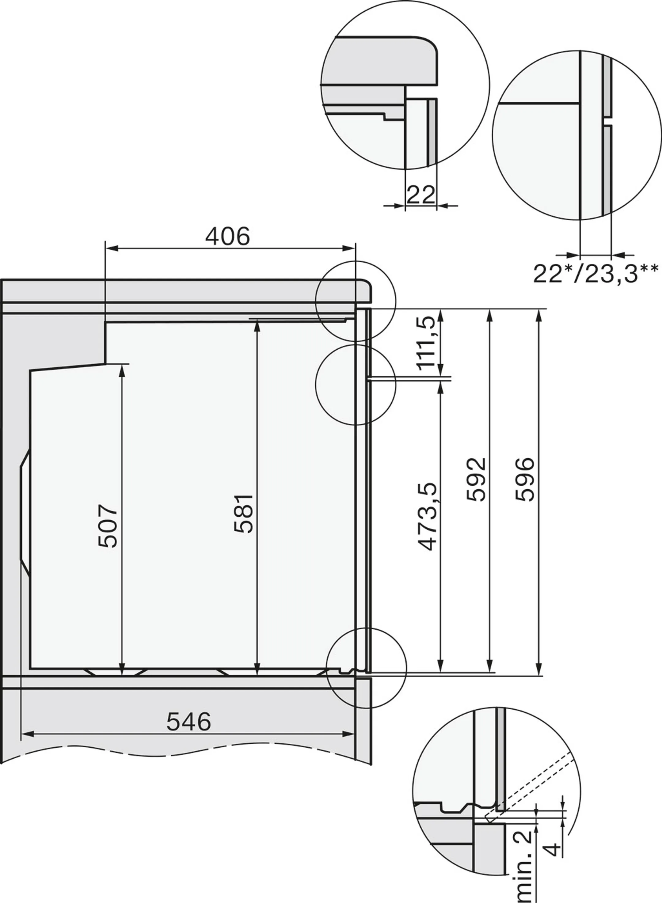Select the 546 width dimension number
point(188,722)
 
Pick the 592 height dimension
point(476,479)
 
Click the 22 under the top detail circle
point(420,195)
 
